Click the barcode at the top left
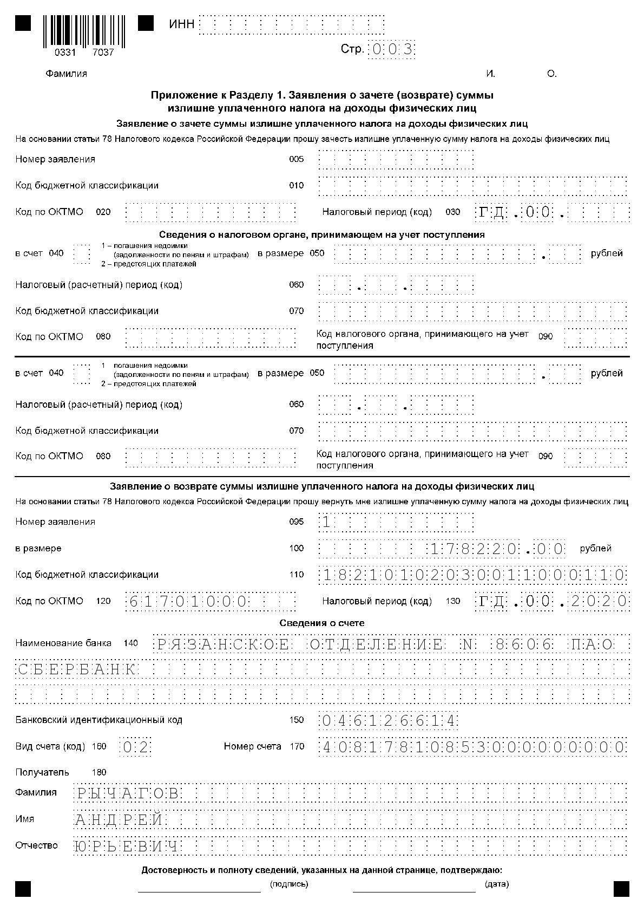(x=83, y=31)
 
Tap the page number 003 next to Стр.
(x=392, y=50)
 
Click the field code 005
(x=297, y=159)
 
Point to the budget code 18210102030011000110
(x=474, y=575)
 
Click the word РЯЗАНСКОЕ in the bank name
(x=223, y=644)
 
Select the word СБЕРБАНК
(x=76, y=670)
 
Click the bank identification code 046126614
(x=389, y=721)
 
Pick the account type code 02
(x=135, y=747)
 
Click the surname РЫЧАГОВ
(x=127, y=793)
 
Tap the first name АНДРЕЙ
(x=119, y=820)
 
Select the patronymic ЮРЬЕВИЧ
(x=127, y=846)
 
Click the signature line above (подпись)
(x=199, y=890)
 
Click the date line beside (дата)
(x=414, y=890)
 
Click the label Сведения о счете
(x=322, y=623)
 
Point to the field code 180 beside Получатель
(x=100, y=772)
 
